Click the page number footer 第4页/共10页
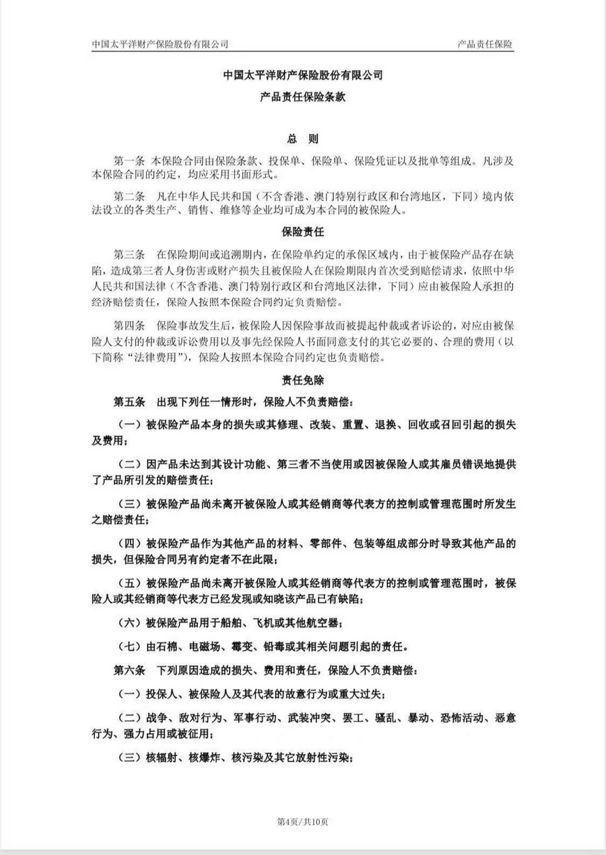(x=302, y=821)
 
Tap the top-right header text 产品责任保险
(x=485, y=44)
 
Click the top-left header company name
(x=160, y=44)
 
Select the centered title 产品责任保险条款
(x=302, y=98)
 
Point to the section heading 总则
(x=302, y=139)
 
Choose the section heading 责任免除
(x=302, y=381)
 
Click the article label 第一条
(x=129, y=161)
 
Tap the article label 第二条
(x=129, y=197)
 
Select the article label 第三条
(x=129, y=256)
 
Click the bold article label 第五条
(x=129, y=402)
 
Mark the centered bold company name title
(x=302, y=76)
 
